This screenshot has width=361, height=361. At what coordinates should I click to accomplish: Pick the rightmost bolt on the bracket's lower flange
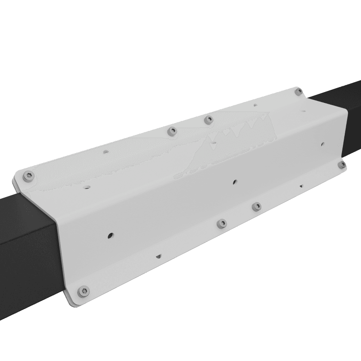tap(342, 164)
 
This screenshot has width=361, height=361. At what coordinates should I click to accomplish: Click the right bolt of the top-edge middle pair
tap(208, 120)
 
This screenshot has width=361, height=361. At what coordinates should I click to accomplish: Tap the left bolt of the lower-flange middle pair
tap(221, 223)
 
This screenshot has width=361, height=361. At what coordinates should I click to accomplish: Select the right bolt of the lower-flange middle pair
tap(256, 207)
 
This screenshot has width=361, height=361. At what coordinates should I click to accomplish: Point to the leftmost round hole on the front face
tap(110, 235)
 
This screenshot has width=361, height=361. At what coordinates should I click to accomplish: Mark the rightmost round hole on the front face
tap(322, 145)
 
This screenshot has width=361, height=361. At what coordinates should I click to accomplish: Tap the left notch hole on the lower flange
tap(158, 256)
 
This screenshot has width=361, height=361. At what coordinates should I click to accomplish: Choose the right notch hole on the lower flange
tap(301, 185)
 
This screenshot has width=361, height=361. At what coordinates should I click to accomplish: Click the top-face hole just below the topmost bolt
tap(255, 105)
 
